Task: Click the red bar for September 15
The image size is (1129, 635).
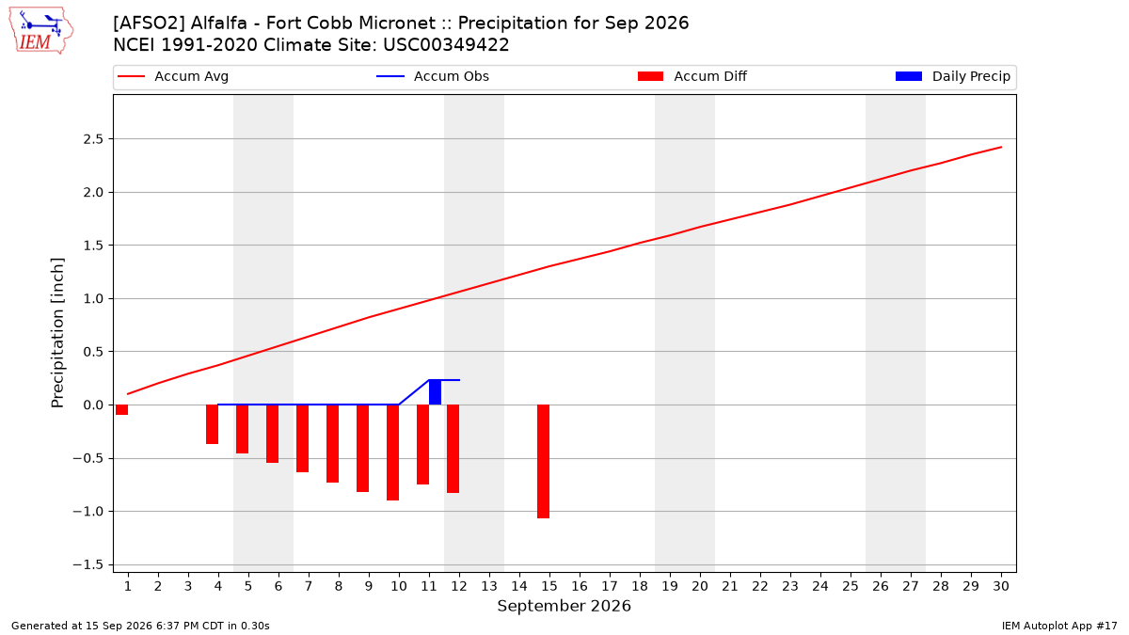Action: click(x=544, y=461)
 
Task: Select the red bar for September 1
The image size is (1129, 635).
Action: click(x=121, y=410)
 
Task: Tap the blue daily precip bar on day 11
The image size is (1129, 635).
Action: click(x=435, y=392)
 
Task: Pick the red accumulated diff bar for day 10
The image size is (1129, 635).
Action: click(x=392, y=452)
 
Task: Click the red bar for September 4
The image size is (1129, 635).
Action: click(x=213, y=424)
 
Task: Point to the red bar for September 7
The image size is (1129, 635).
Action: click(x=302, y=438)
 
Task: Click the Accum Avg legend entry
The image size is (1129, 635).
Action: click(x=173, y=76)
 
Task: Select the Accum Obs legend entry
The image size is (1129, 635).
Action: click(x=433, y=76)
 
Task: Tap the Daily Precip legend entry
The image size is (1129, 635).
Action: click(x=952, y=76)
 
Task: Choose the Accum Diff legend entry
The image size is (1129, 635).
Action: click(x=692, y=76)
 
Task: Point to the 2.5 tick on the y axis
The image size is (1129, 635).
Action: click(x=93, y=139)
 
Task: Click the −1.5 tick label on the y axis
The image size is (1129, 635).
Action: click(x=88, y=564)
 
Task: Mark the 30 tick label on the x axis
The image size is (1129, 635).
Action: click(x=1001, y=586)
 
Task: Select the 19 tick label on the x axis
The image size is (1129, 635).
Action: click(x=670, y=586)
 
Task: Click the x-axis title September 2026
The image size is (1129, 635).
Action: click(x=564, y=606)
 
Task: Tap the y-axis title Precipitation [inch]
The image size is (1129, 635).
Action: click(x=57, y=333)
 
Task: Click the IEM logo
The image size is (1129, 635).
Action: click(x=40, y=31)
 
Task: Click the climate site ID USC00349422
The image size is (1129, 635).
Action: click(x=446, y=45)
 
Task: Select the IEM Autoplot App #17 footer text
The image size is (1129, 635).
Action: click(x=1059, y=626)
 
